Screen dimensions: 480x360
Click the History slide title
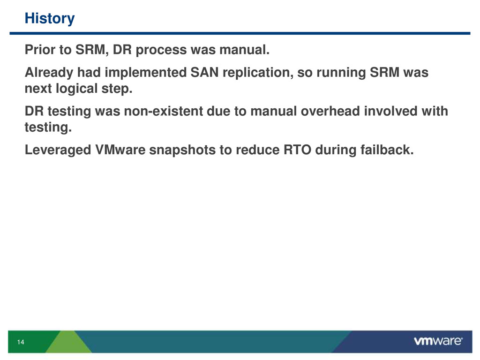coord(50,18)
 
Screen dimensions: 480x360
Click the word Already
coord(49,73)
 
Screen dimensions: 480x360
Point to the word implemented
coord(146,73)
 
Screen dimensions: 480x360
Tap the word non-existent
coord(164,111)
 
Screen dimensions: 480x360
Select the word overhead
coord(330,111)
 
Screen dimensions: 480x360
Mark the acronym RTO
coord(298,150)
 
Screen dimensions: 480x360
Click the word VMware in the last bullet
coord(120,150)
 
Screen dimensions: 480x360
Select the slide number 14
coord(21,342)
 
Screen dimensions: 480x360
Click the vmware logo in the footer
coord(438,341)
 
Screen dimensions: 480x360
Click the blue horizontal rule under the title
coord(240,33)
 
